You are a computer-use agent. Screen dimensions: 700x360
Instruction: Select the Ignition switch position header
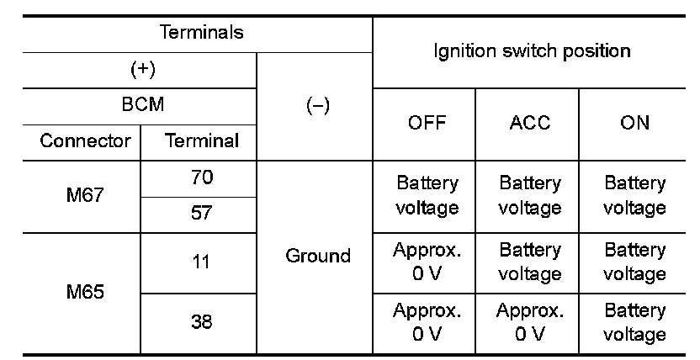tap(532, 50)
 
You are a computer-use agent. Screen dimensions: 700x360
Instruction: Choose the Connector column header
tap(86, 140)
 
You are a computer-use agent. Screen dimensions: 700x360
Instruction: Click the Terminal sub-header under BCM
tap(203, 140)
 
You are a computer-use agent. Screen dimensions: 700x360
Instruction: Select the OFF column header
tap(427, 123)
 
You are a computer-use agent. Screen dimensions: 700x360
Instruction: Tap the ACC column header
tap(530, 123)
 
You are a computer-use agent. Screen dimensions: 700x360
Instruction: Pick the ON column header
tap(635, 123)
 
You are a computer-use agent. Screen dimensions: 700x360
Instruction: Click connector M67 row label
tap(86, 195)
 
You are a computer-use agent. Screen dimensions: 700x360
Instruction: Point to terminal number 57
tap(203, 214)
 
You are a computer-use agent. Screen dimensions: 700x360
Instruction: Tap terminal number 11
tap(203, 262)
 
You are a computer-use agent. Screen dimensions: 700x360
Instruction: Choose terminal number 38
tap(203, 322)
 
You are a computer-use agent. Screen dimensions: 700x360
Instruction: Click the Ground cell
tap(318, 257)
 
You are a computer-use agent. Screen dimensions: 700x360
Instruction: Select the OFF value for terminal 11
tap(427, 262)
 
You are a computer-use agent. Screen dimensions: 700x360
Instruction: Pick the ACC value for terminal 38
tap(530, 322)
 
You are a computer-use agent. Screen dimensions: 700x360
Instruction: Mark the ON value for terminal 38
tap(635, 322)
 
